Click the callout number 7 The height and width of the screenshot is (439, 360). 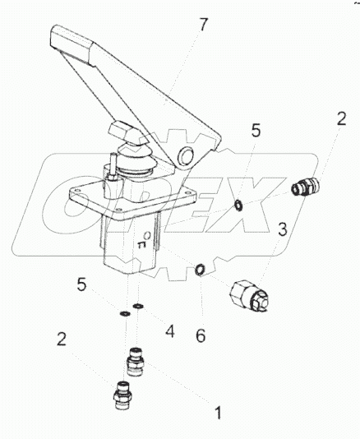[x=204, y=25]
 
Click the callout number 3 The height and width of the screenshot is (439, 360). [x=282, y=229]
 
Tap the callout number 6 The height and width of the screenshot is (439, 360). [x=201, y=335]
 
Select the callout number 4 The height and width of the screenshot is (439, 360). [x=170, y=331]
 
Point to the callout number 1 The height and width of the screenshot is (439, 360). [x=219, y=412]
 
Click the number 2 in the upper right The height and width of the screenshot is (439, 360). [x=340, y=119]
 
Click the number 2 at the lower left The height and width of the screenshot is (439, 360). [x=61, y=339]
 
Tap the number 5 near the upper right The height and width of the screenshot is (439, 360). [x=256, y=131]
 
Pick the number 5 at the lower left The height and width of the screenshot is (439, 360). [x=81, y=285]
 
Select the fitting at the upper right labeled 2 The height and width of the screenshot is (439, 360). [x=306, y=187]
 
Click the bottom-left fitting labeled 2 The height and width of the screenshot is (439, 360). [x=122, y=395]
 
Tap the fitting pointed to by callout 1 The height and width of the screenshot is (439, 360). [x=136, y=362]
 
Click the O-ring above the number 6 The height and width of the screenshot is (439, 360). [x=200, y=270]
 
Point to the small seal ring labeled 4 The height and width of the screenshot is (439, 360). [x=138, y=307]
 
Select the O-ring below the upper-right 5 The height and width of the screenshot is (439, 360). [x=238, y=206]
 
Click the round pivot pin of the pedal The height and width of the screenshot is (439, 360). [x=186, y=155]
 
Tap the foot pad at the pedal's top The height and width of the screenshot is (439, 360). [x=72, y=44]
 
